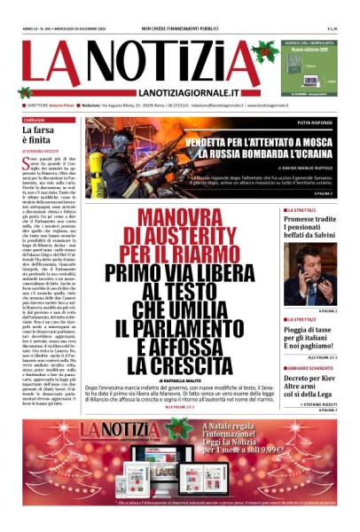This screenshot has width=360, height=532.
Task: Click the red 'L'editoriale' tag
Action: coord(35,120)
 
